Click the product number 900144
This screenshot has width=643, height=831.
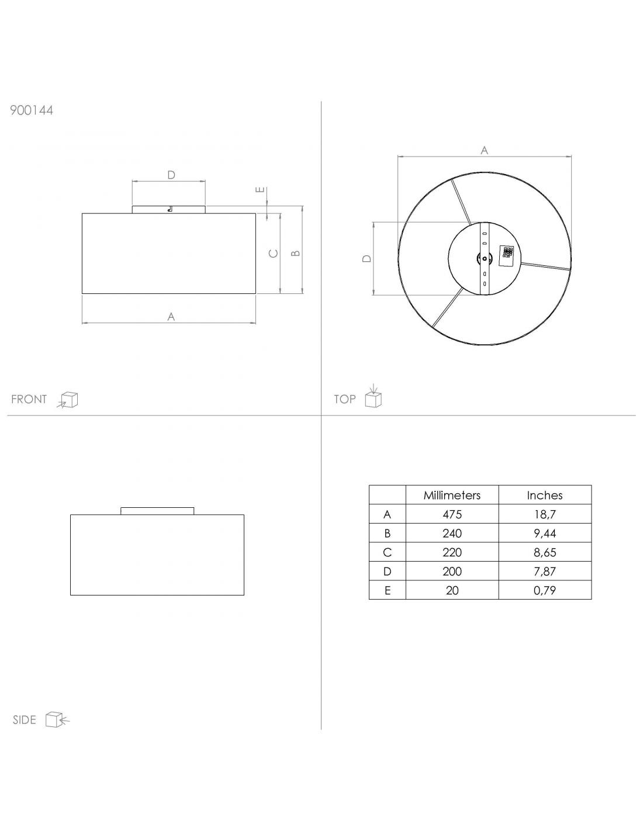point(32,110)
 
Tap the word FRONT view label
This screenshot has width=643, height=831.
point(29,399)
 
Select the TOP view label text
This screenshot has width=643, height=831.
point(345,399)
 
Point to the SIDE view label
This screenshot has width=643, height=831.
point(24,720)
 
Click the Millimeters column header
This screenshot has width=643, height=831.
point(452,495)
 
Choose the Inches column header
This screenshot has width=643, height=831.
point(545,495)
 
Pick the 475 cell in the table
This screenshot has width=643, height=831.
point(452,514)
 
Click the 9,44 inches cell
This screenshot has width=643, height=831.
point(545,534)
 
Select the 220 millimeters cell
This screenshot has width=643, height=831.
point(452,552)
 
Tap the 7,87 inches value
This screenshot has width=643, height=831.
point(545,572)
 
